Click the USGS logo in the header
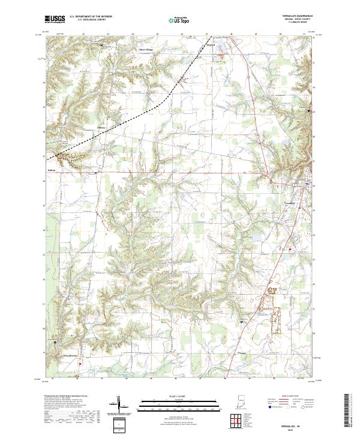[55, 19]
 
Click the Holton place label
[51, 170]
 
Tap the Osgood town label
[210, 44]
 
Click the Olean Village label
[146, 49]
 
